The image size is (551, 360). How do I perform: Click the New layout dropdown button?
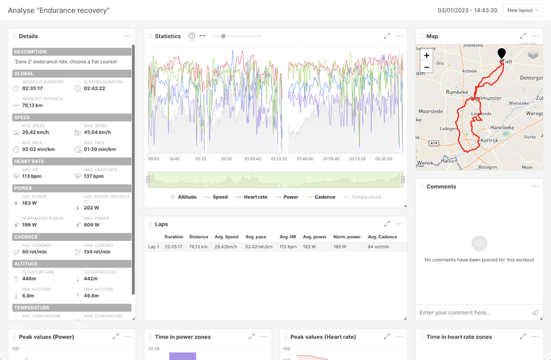coord(523,10)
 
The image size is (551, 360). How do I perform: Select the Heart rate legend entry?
coord(255,197)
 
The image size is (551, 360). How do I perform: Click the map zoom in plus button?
coord(426,55)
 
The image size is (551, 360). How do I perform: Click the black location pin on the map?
coord(501,54)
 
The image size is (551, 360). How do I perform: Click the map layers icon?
coord(533,55)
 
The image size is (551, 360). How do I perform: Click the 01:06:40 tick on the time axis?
coord(253,158)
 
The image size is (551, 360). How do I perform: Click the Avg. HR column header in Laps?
coord(288,237)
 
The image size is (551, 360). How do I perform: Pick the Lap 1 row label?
coord(154,246)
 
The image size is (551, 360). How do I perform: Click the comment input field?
coord(472,313)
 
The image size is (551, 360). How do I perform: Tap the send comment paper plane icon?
coord(535,313)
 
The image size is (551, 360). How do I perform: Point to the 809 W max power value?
coord(92,224)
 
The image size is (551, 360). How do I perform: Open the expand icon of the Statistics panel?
coord(387,36)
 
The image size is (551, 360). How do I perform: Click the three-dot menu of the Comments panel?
coord(535,187)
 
